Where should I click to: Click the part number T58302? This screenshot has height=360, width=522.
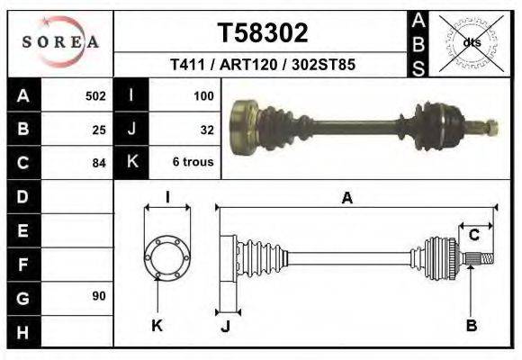tap(263, 33)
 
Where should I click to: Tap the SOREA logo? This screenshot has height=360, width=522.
tap(59, 42)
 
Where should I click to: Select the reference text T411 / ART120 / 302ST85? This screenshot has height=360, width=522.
tap(263, 66)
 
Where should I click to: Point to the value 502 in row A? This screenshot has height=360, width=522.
tap(95, 95)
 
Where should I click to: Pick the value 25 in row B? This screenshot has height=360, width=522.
tap(99, 129)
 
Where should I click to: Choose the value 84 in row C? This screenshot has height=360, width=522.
tap(99, 163)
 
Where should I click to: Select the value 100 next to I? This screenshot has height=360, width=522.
tap(203, 95)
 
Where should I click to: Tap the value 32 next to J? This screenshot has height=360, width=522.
tap(207, 129)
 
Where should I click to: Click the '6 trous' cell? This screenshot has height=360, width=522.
tap(193, 163)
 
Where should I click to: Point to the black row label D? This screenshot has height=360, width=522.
tap(22, 195)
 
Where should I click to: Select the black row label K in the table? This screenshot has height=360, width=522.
tap(131, 162)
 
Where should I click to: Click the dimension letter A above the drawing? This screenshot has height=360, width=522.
tap(347, 199)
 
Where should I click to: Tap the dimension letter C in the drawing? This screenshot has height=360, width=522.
tap(472, 235)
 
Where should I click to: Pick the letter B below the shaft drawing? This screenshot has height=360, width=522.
tap(471, 325)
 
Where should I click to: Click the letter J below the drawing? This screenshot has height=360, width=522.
tap(225, 326)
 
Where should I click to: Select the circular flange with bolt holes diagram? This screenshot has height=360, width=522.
tap(167, 256)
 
